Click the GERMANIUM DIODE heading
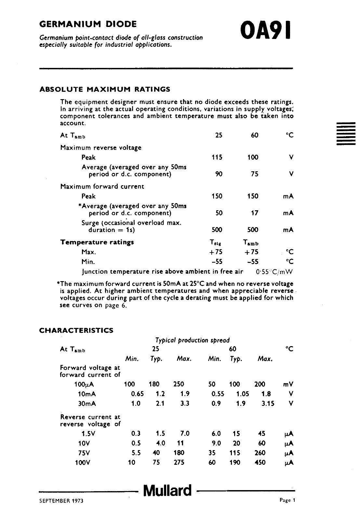coord(88,24)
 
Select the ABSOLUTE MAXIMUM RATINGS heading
coord(104,89)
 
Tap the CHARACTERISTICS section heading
coord(76,331)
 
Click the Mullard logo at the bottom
coord(167,490)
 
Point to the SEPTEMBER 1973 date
coord(61,501)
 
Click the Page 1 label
coord(287,500)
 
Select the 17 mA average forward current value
coord(255,213)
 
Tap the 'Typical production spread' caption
coord(192,340)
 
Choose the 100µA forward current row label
coord(84,384)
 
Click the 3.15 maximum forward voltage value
coord(268,403)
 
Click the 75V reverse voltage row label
coord(83,453)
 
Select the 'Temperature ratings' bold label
coord(97,242)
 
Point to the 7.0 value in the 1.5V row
coord(184,433)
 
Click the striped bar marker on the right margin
coord(346,134)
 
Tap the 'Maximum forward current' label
coord(102,187)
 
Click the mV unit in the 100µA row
coord(288,384)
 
